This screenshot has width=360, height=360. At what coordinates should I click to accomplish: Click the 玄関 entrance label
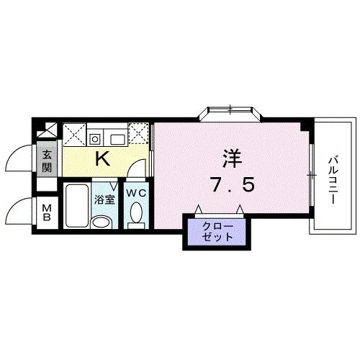[x=47, y=160]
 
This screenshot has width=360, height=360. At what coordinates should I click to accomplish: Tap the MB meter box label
[x=46, y=214]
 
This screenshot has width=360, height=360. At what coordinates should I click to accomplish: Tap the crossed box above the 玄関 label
[x=47, y=131]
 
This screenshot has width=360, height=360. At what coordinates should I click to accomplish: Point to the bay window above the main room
[x=230, y=112]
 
